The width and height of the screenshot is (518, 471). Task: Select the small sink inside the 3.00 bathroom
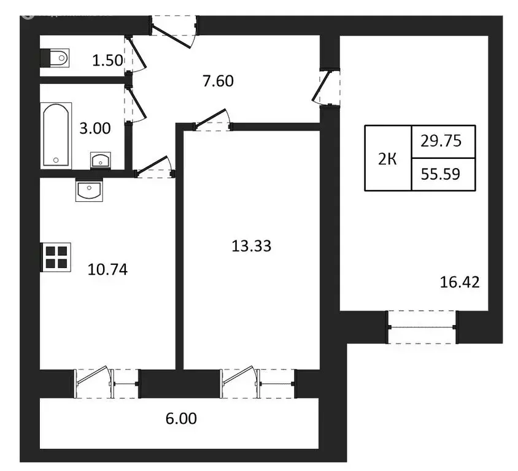click(x=100, y=160)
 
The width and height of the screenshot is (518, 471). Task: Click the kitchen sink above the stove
click(x=90, y=190)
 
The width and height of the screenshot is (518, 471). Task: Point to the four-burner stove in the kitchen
click(x=56, y=257)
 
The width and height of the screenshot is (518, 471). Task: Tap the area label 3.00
click(x=95, y=129)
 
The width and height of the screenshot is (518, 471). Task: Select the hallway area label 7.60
click(x=218, y=80)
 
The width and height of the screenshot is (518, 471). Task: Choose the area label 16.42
click(x=459, y=282)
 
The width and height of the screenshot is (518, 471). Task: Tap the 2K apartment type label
click(x=387, y=159)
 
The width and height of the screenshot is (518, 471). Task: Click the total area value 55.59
click(x=439, y=174)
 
